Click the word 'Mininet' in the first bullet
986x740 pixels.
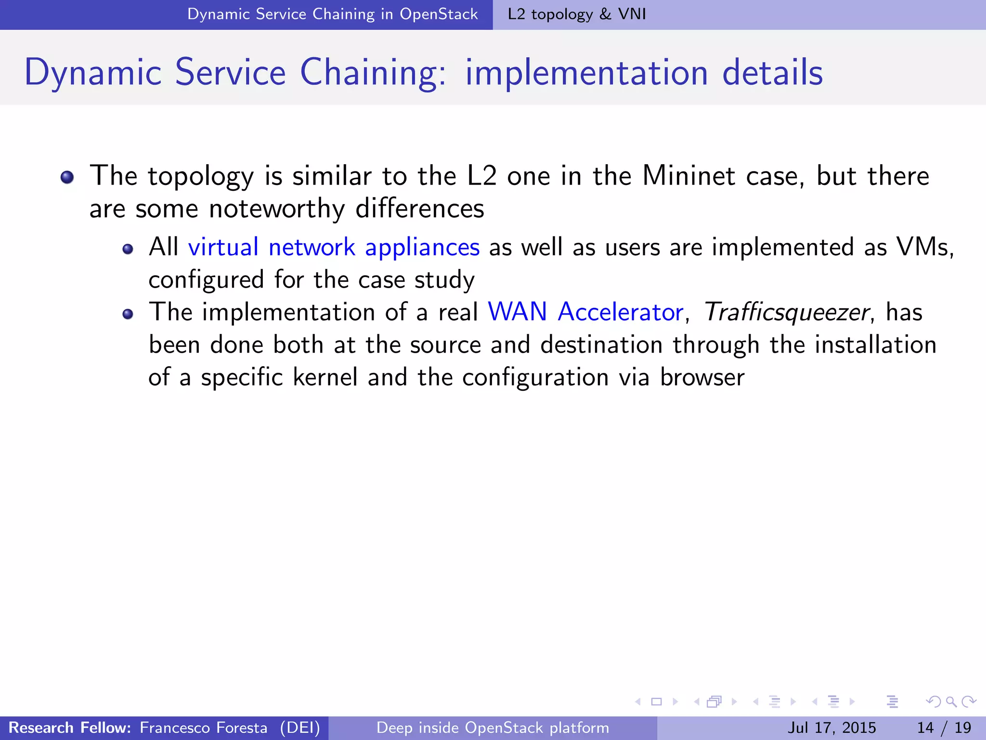pyautogui.click(x=688, y=176)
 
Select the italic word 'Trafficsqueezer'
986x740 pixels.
pyautogui.click(x=786, y=312)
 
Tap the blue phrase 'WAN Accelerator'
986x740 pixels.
pyautogui.click(x=585, y=312)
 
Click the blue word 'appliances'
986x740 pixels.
pyautogui.click(x=422, y=248)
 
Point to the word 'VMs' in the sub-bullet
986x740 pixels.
pyautogui.click(x=922, y=247)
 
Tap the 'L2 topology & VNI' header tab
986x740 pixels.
pyautogui.click(x=577, y=14)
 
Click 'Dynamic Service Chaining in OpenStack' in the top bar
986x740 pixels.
pyautogui.click(x=332, y=14)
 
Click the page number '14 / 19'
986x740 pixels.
pyautogui.click(x=944, y=727)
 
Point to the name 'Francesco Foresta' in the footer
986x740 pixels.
pyautogui.click(x=203, y=727)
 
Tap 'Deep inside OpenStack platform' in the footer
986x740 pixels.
pyautogui.click(x=493, y=727)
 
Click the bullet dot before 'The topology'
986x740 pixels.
pyautogui.click(x=67, y=177)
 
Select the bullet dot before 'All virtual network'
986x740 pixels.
pyautogui.click(x=128, y=249)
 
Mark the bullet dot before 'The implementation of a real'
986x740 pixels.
pyautogui.click(x=128, y=314)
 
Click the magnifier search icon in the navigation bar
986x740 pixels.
pyautogui.click(x=951, y=701)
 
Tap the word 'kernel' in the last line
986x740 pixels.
pyautogui.click(x=325, y=377)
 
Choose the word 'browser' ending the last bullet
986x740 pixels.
pyautogui.click(x=702, y=377)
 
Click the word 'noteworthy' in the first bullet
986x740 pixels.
pyautogui.click(x=277, y=209)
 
